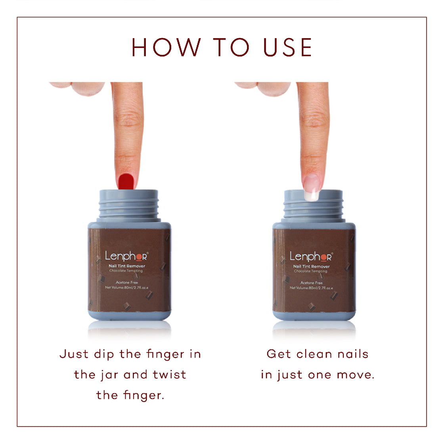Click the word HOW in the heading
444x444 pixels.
point(166,47)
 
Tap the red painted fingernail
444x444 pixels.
point(126,181)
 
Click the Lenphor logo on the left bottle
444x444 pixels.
point(126,256)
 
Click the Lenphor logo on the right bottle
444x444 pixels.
point(311,256)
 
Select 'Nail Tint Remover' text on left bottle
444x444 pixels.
point(127,266)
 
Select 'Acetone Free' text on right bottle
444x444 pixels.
point(311,283)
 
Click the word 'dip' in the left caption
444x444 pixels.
point(104,354)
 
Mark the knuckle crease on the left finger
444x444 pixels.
point(128,119)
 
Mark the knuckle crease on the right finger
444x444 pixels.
point(313,119)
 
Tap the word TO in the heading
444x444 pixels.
point(232,47)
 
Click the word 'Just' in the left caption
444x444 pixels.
point(74,354)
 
